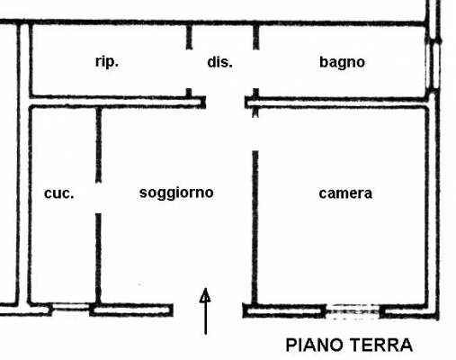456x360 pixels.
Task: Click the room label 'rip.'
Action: coord(107,62)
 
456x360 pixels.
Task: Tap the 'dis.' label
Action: coord(219,62)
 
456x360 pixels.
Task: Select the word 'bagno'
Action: coord(342,62)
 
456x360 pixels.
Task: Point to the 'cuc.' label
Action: coord(58,193)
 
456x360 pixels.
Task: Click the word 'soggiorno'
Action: coord(176,193)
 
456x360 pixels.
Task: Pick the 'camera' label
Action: coord(345,193)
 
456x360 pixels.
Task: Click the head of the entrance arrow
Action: coord(205,294)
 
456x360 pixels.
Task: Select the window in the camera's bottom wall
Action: coord(353,310)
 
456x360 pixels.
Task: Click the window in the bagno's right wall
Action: coord(433,66)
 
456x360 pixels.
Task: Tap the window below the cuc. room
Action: coord(71,307)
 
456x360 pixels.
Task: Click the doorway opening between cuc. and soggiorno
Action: coord(98,198)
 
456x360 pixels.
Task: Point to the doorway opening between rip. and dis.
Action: coord(189,68)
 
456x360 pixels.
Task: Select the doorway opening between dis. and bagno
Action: coord(255,68)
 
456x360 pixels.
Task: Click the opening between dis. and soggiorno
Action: coord(225,103)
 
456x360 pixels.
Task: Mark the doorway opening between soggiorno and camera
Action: coord(255,134)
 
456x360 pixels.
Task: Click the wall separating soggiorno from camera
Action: coord(255,228)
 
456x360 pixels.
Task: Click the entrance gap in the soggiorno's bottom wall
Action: coord(208,310)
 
